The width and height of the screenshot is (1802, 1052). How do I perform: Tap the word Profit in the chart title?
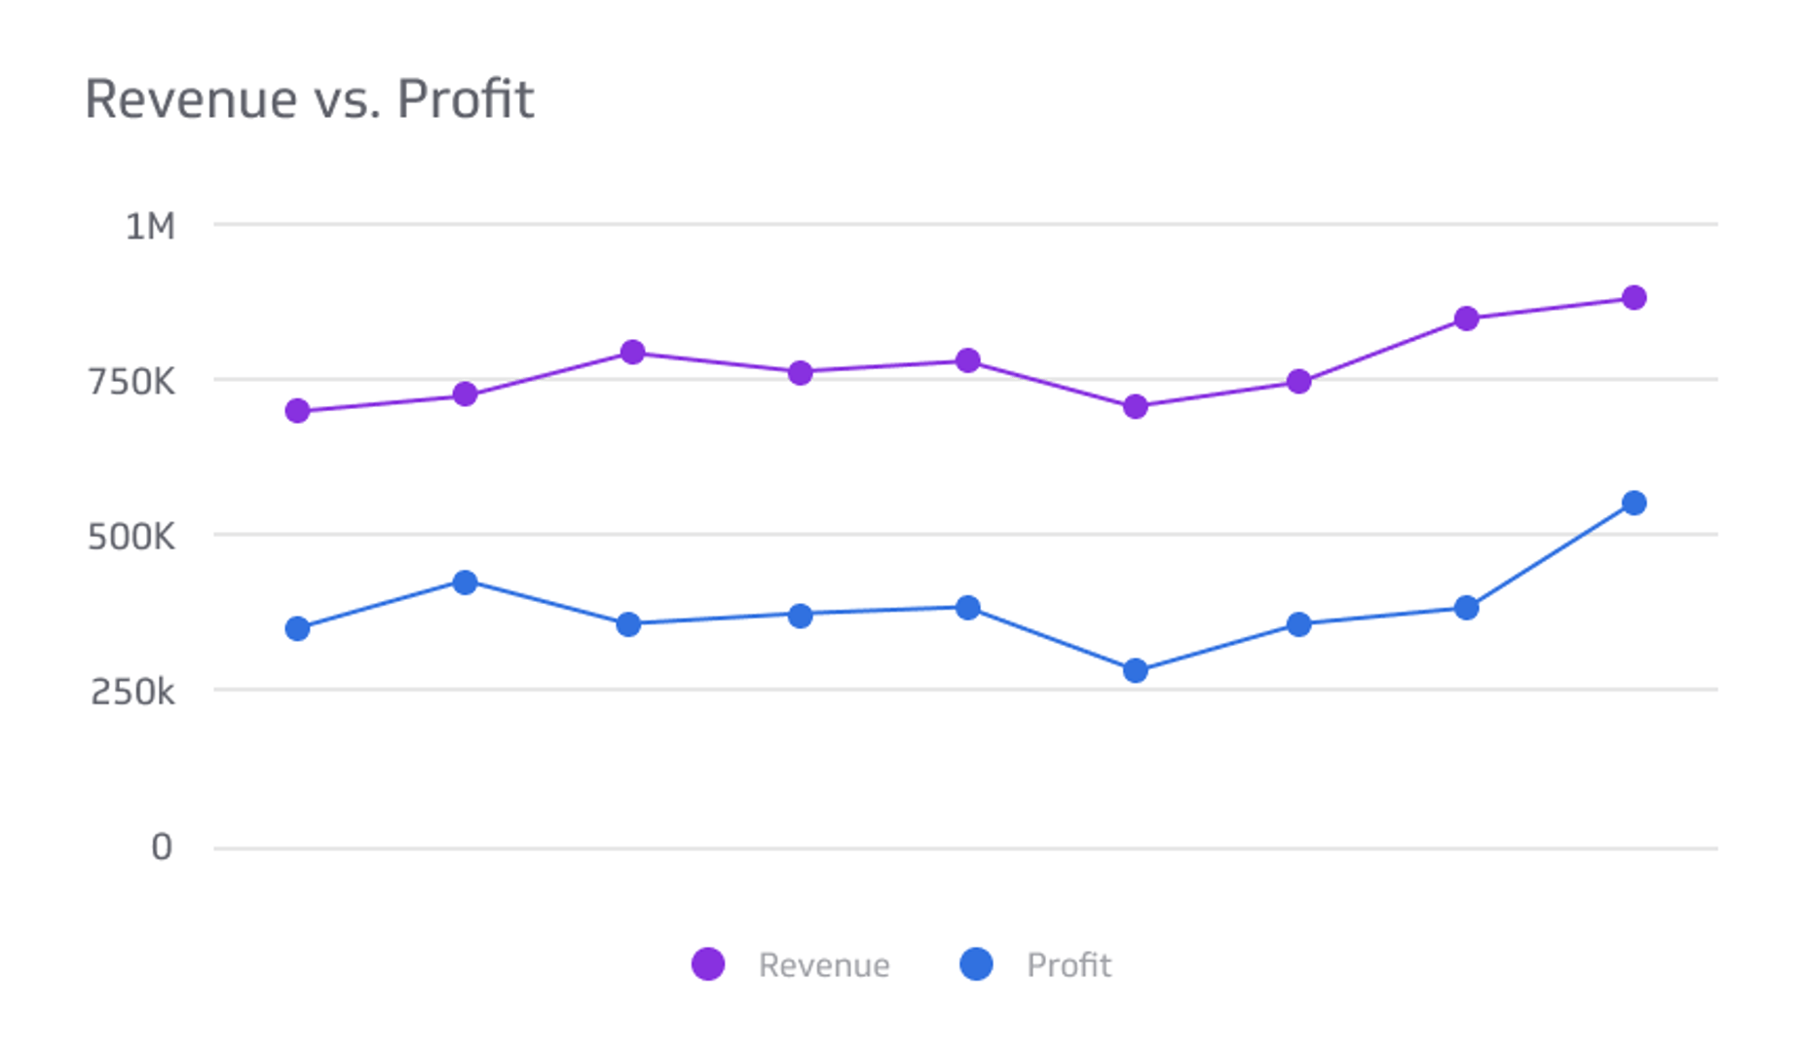click(465, 99)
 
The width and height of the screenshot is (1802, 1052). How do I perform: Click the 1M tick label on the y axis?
click(150, 227)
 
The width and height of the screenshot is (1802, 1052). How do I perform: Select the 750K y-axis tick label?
click(131, 382)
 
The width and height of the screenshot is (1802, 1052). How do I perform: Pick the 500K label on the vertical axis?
click(131, 537)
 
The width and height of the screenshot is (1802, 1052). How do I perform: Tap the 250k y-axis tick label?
click(132, 693)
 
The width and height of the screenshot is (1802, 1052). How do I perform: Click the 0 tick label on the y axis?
click(162, 847)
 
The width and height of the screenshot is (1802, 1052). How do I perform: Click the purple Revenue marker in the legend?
click(708, 964)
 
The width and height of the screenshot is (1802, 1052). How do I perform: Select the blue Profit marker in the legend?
click(976, 964)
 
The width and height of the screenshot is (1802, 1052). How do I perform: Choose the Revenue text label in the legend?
click(824, 965)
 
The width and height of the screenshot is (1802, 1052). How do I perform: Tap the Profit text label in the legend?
click(1069, 965)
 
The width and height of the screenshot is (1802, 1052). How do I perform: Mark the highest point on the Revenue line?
click(1634, 298)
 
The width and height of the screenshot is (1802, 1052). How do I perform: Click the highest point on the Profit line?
click(1634, 504)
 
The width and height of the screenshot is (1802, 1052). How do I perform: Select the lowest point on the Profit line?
click(1135, 670)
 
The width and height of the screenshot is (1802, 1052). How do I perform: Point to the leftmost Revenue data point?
click(298, 411)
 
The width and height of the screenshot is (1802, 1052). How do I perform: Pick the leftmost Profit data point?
click(298, 629)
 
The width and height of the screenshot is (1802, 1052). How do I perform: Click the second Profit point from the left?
click(466, 582)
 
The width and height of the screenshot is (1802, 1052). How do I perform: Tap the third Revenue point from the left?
click(632, 352)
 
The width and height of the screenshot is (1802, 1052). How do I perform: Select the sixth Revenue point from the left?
click(1135, 407)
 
